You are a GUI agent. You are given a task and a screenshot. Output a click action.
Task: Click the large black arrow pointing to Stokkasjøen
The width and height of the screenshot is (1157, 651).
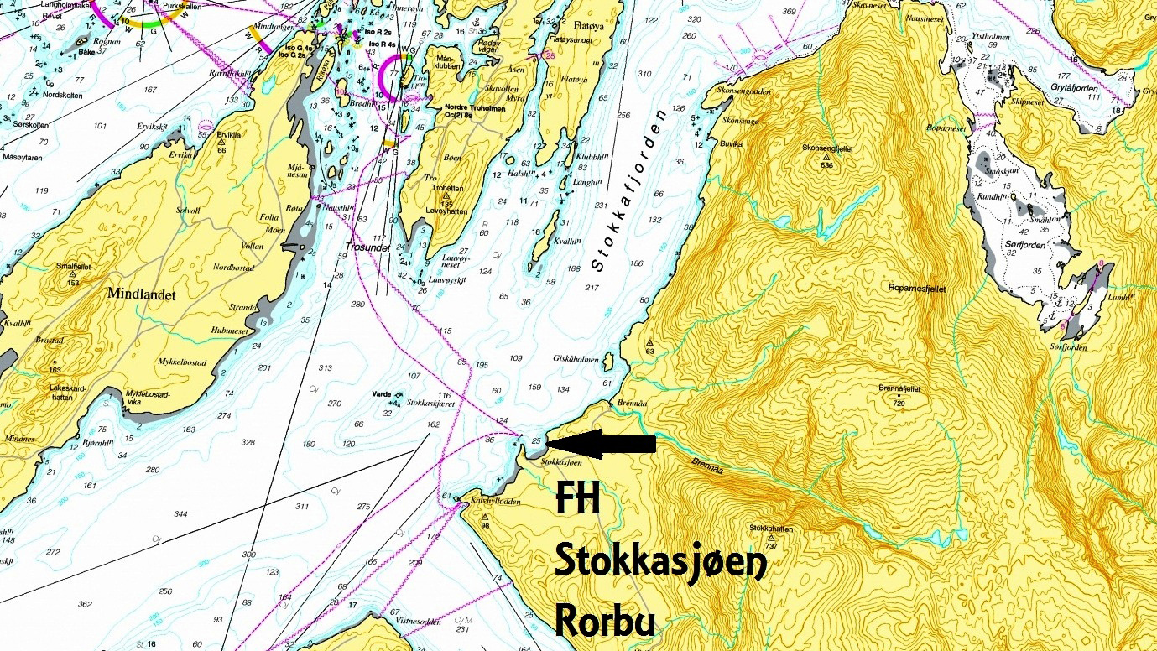point(600,444)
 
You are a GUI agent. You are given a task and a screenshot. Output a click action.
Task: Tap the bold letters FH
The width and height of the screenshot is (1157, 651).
point(578,503)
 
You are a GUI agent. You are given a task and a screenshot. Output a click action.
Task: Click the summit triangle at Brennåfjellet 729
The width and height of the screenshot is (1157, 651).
point(899,395)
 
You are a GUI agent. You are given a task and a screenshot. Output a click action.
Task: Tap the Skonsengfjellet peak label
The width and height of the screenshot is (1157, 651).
point(828,148)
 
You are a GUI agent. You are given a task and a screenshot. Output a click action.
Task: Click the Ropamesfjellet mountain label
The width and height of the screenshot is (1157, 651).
point(917,288)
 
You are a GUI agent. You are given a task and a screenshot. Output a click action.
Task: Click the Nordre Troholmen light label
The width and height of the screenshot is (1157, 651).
point(467,107)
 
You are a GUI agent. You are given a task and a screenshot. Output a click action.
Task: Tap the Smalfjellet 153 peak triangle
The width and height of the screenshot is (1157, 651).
point(72,274)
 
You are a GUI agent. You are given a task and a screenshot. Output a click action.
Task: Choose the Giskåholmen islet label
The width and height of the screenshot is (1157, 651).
point(576,359)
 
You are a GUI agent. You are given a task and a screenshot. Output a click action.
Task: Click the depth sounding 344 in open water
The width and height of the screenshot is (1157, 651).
point(180,513)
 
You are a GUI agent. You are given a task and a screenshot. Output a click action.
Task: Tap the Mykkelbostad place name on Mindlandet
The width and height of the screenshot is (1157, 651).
point(184,362)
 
